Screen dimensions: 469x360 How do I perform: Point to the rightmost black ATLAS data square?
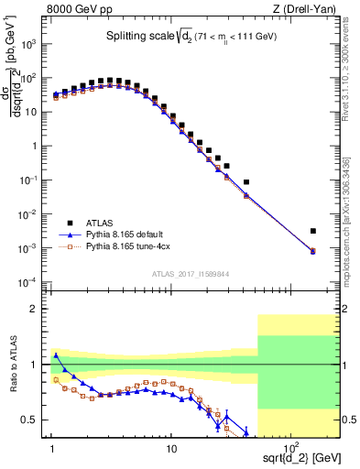click(x=312, y=231)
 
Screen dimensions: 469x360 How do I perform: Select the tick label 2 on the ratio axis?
click(x=40, y=309)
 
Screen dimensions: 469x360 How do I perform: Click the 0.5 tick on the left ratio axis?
click(x=37, y=420)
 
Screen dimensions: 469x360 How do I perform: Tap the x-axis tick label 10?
click(x=171, y=450)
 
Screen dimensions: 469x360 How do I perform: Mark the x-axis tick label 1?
click(x=53, y=450)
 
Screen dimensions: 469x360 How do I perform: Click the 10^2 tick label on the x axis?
click(x=289, y=449)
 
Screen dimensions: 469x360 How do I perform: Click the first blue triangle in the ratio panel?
click(x=55, y=355)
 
